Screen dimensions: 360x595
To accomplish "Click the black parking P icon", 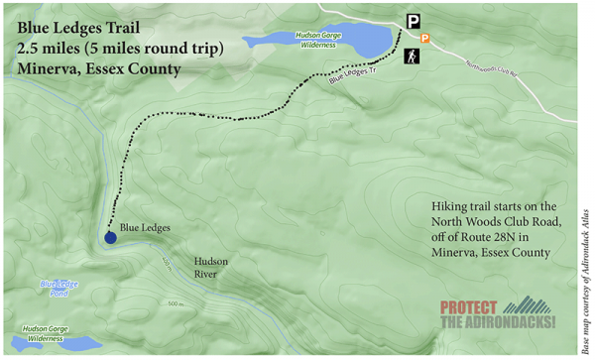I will click(414, 20).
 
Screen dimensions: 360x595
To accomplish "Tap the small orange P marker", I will click(425, 39).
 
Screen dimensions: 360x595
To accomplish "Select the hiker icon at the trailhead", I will click(412, 57).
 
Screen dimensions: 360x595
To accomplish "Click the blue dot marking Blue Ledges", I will click(109, 236).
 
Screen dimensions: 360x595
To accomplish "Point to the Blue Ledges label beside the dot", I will click(145, 228).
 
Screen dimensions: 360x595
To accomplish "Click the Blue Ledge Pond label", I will click(59, 289).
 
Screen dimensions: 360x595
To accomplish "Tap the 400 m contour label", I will click(166, 262).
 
